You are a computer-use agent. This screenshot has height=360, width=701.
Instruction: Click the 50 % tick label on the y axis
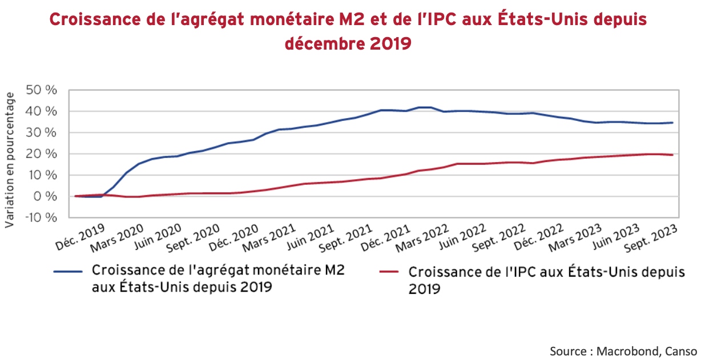(42, 90)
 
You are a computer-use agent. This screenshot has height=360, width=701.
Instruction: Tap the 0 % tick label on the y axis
(46, 196)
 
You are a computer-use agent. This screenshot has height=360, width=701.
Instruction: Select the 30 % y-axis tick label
(42, 132)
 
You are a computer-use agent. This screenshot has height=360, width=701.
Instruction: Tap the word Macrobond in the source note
(626, 350)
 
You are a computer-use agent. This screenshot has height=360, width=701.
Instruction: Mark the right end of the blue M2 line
(672, 123)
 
